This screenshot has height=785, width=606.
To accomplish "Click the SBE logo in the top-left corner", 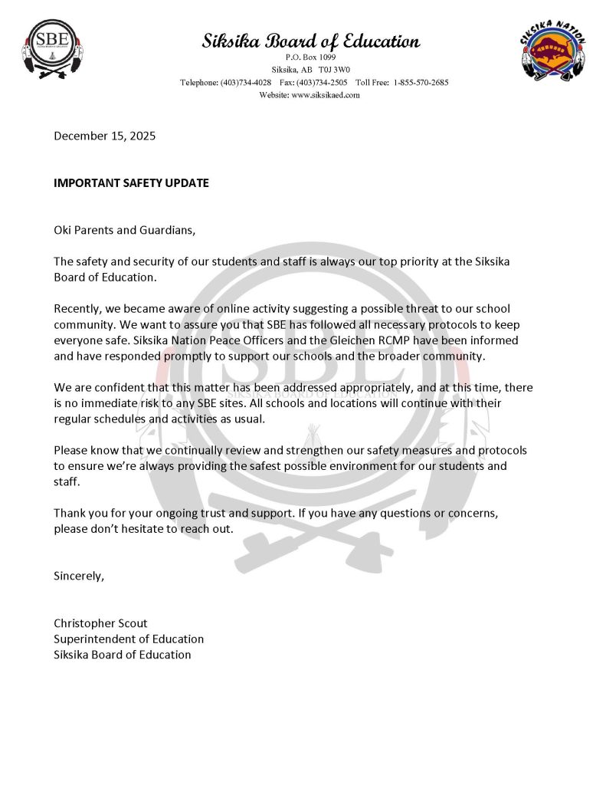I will [52, 49].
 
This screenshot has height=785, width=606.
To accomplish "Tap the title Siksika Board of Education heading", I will [310, 41].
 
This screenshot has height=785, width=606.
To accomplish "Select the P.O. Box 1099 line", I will [310, 57].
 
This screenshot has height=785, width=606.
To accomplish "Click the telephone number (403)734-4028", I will [245, 82].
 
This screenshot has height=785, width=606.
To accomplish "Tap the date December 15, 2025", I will [104, 136].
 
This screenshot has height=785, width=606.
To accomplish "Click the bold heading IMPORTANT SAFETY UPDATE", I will [131, 183].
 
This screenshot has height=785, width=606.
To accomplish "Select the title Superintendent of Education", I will [129, 639].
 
